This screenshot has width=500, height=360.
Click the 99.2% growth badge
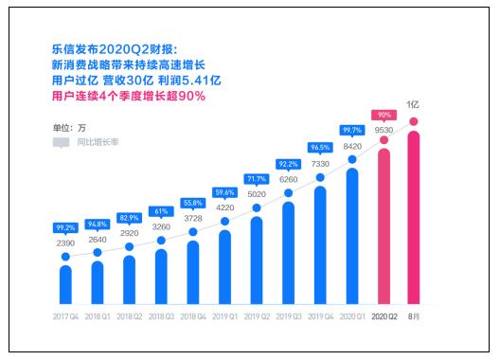(65, 228)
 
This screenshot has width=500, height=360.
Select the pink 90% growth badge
(384, 115)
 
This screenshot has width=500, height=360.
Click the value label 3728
(192, 218)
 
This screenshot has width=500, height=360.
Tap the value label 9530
(384, 128)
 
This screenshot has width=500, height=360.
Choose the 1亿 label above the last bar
(415, 103)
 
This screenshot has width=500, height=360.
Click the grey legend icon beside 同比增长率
(61, 142)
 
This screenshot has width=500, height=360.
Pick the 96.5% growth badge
(320, 148)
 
